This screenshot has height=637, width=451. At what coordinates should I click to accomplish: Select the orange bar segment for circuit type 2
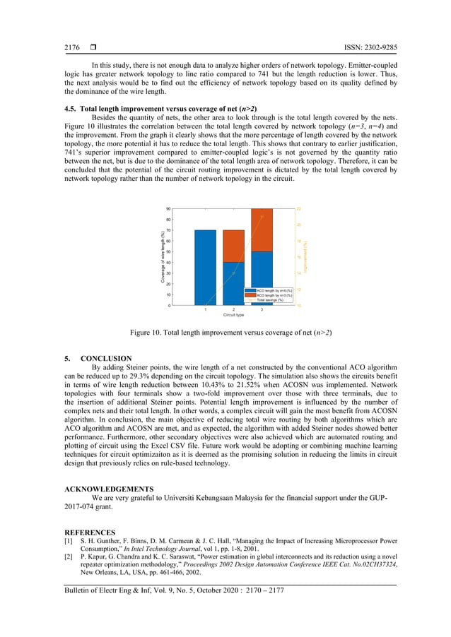[x=233, y=246]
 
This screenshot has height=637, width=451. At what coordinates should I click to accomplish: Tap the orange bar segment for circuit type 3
[x=262, y=230]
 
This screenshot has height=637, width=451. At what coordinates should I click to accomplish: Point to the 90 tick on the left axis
[x=168, y=209]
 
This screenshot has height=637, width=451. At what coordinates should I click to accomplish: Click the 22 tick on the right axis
[x=298, y=209]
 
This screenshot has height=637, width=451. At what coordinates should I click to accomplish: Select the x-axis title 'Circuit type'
[x=233, y=315]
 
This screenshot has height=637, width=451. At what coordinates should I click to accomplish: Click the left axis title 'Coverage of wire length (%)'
[x=162, y=257]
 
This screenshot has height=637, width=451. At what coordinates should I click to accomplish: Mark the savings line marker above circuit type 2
[x=233, y=273]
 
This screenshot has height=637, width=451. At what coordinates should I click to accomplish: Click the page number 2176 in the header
[x=72, y=47]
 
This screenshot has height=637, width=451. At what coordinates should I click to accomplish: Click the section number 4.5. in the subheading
[x=71, y=109]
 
